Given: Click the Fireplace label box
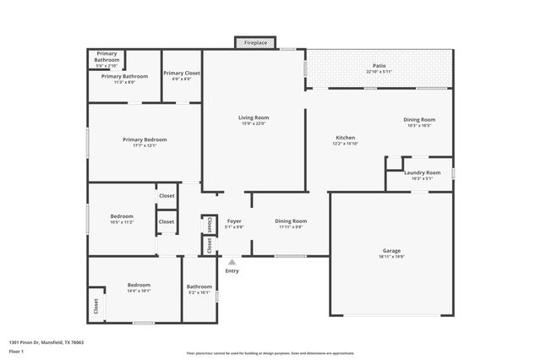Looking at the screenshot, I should click(256, 42).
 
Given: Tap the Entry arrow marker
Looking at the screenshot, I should click(232, 263).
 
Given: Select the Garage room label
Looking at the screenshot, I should click(391, 250).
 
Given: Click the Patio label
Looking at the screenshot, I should click(380, 66).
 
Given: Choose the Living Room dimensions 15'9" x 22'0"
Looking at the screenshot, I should click(254, 123).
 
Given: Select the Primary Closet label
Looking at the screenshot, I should click(181, 74).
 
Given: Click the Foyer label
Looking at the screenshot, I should click(234, 221).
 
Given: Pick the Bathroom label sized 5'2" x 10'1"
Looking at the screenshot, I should click(199, 286).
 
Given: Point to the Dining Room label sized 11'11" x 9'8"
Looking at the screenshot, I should click(291, 221).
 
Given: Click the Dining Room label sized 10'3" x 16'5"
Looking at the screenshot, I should click(419, 119).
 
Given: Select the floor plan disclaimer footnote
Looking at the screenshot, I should click(270, 352).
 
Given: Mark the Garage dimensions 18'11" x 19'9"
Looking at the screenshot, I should click(391, 257).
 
